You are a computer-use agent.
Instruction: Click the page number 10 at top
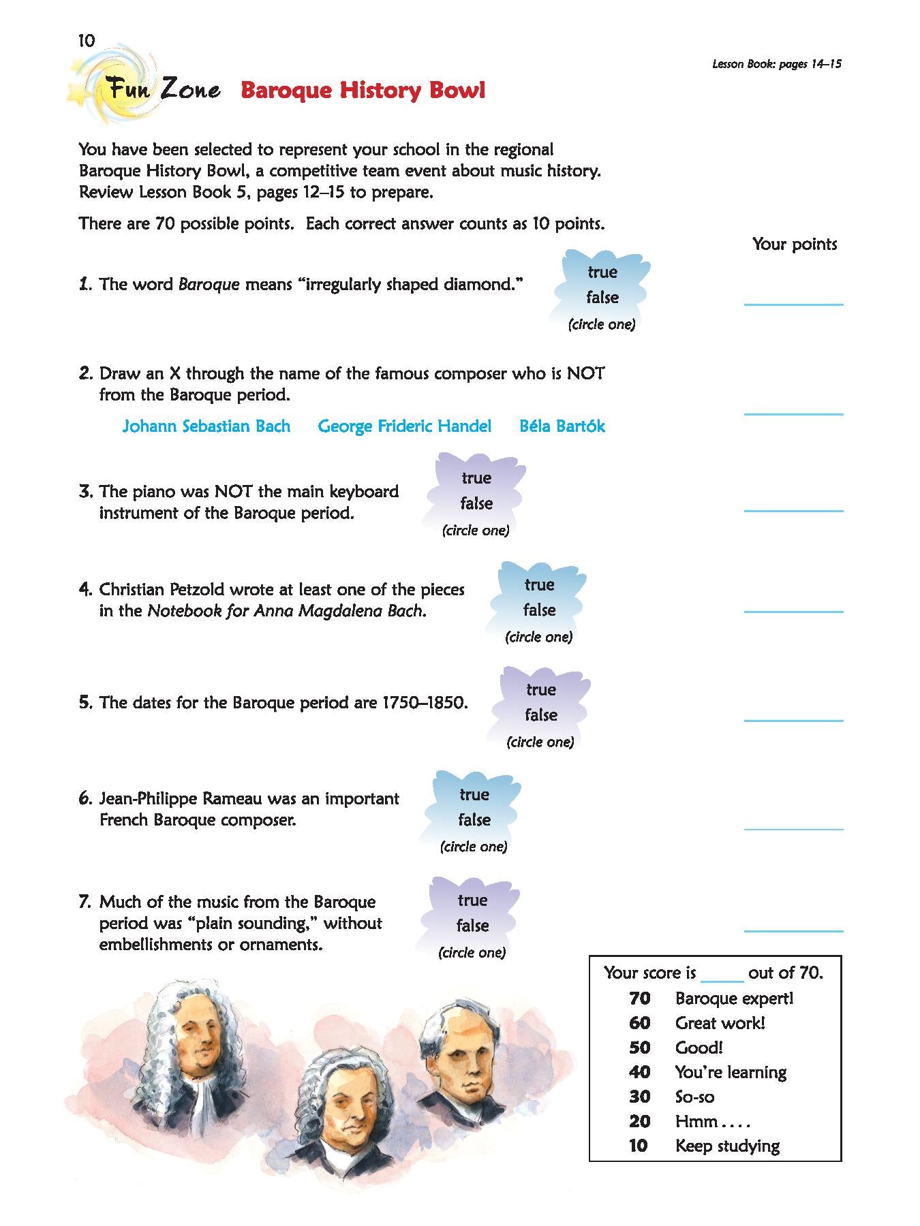coord(86,41)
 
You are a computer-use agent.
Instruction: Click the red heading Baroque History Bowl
coord(363,91)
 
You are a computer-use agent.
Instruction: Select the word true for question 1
coord(602,272)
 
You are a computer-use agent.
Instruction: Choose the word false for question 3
coord(476,504)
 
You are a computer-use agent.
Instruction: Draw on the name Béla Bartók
coord(562,426)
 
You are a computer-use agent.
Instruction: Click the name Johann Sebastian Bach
coord(206,426)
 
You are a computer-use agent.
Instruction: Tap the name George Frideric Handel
coord(404,426)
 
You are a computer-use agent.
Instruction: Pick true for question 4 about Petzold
coord(539,585)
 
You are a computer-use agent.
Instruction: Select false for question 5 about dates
coord(541,715)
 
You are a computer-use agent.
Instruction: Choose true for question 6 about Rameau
coord(474,795)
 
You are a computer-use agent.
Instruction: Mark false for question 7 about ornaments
coord(472,926)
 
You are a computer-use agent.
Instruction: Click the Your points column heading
coord(794,245)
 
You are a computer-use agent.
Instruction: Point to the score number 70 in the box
coord(639,999)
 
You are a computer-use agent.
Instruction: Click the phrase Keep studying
coord(726,1146)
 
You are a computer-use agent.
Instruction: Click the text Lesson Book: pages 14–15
coord(776,65)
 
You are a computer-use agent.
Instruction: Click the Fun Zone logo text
coord(161,89)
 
